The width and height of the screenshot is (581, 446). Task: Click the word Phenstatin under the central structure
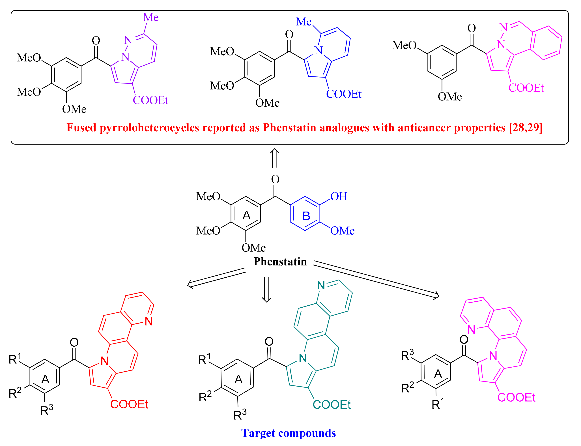pyautogui.click(x=280, y=262)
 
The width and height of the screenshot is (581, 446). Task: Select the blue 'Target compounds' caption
pyautogui.click(x=288, y=433)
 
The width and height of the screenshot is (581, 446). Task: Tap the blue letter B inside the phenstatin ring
pyautogui.click(x=306, y=216)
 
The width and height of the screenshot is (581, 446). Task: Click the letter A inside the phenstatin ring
pyautogui.click(x=246, y=215)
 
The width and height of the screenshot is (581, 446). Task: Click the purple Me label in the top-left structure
pyautogui.click(x=151, y=18)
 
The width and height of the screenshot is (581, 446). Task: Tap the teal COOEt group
pyautogui.click(x=332, y=405)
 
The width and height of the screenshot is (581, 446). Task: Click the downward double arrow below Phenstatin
pyautogui.click(x=266, y=289)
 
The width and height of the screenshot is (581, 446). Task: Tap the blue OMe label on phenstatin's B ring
pyautogui.click(x=342, y=231)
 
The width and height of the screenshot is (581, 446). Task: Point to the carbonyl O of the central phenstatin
pyautogui.click(x=275, y=179)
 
